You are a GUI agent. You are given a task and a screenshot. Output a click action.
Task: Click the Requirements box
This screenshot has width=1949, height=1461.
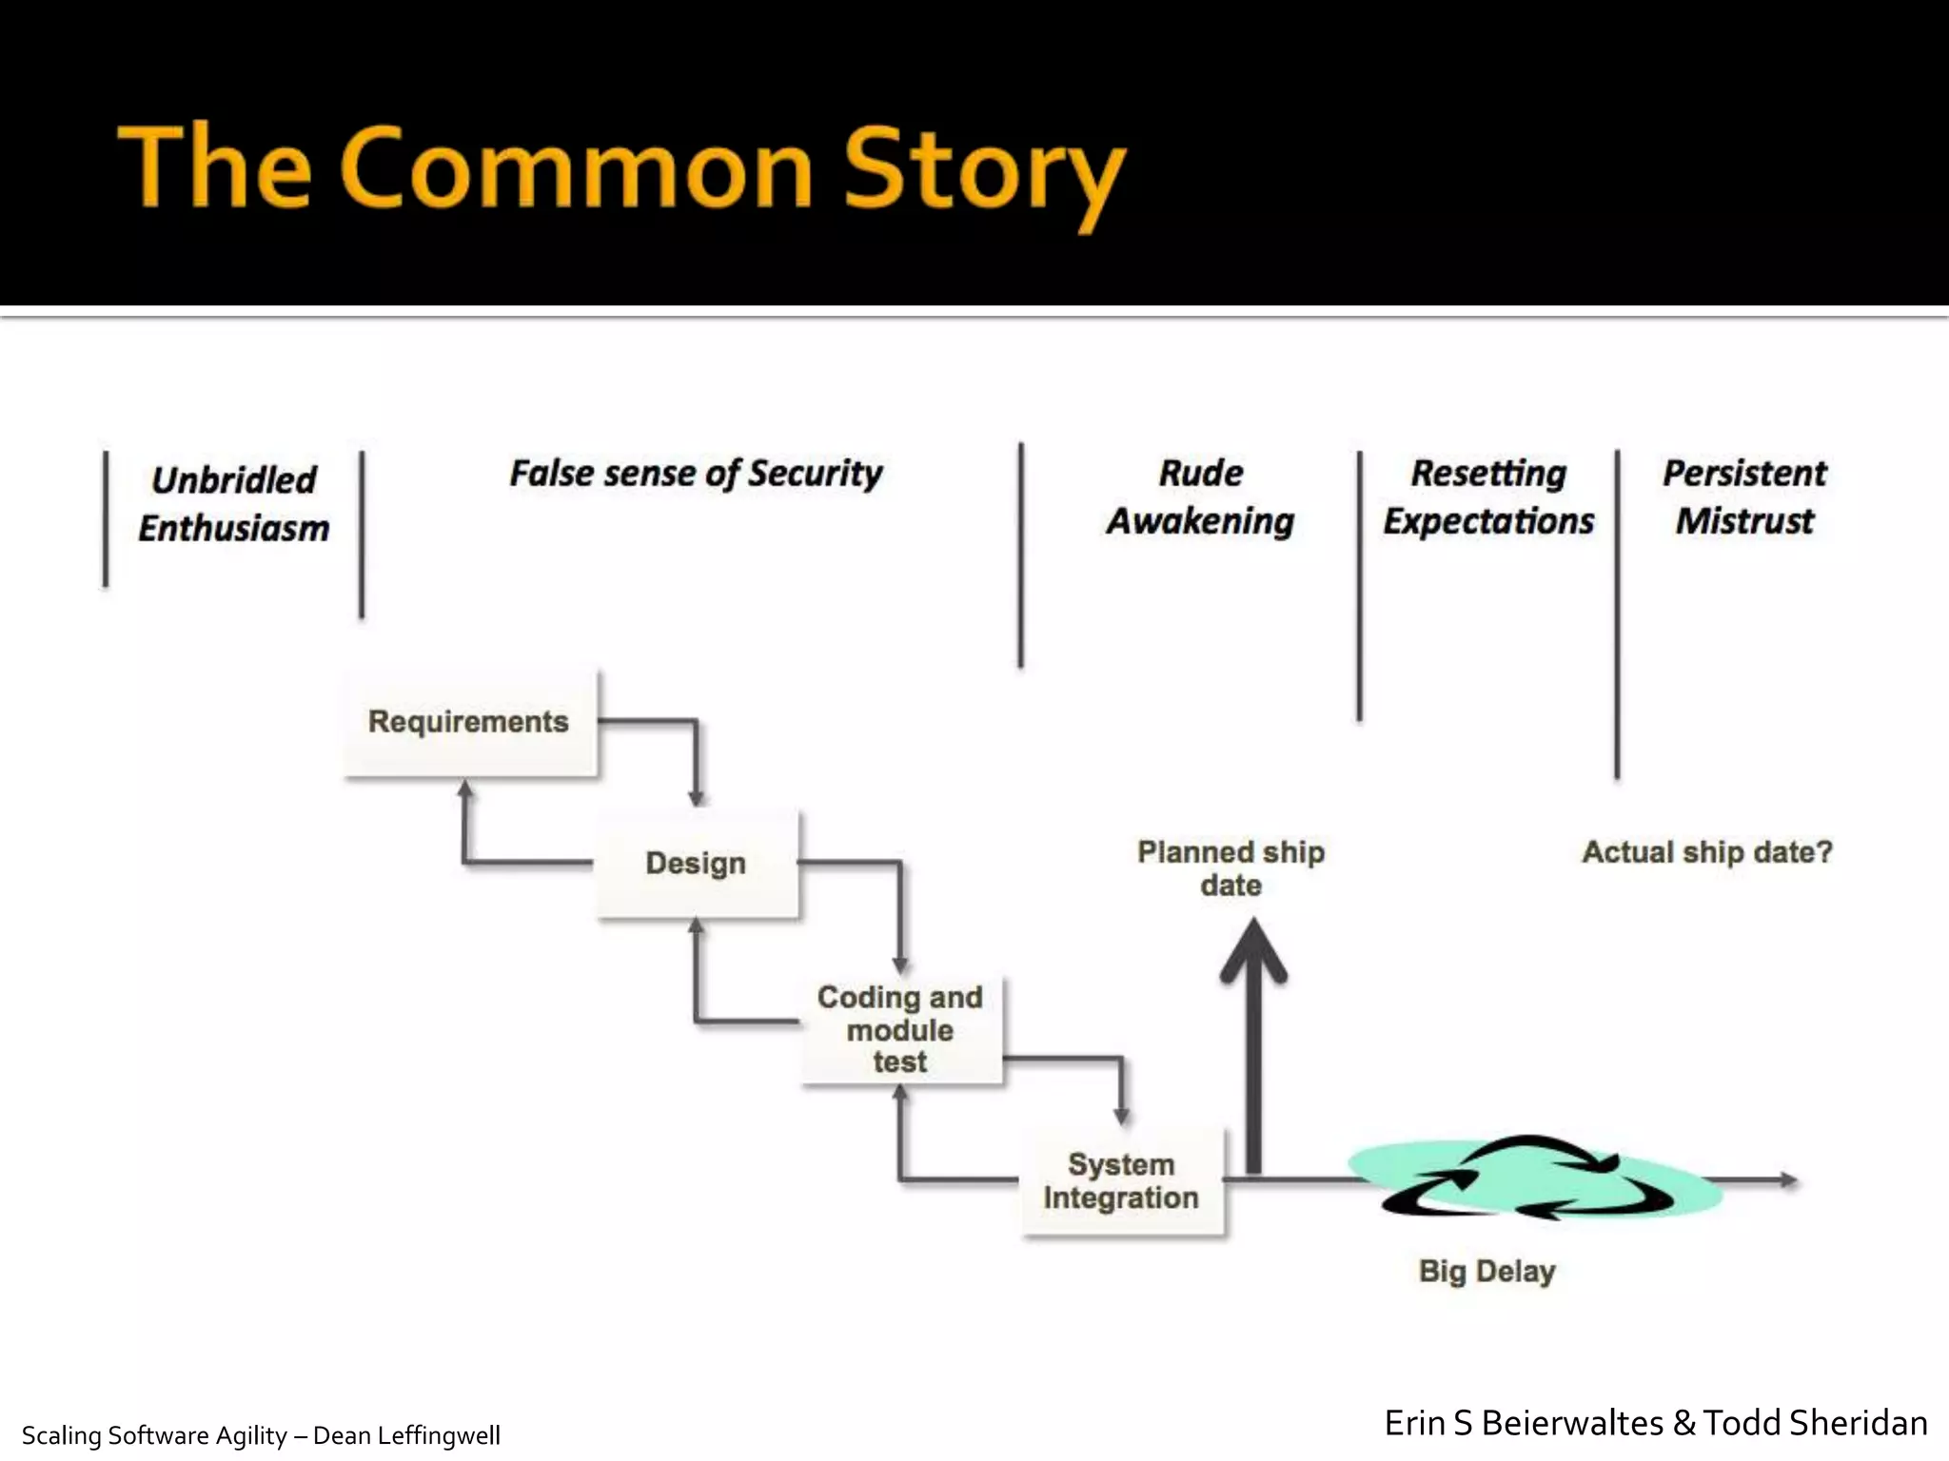pos(470,723)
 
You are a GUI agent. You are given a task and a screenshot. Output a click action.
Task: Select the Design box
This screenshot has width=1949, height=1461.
pos(697,864)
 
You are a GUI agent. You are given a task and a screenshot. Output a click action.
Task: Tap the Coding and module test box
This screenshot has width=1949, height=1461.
pos(900,1029)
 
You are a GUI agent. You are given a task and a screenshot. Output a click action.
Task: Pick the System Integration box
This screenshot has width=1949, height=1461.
pos(1122,1181)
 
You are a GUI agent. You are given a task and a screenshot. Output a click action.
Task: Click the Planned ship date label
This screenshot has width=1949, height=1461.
pos(1230,868)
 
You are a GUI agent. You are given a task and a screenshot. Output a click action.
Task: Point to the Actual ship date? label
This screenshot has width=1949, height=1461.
pos(1707,852)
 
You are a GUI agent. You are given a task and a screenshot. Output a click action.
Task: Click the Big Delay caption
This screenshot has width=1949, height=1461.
pos(1486,1272)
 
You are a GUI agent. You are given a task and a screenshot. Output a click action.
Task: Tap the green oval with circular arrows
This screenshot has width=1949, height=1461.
pos(1534,1179)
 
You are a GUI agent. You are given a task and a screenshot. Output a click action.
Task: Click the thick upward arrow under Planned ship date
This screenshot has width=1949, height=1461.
pos(1254,1046)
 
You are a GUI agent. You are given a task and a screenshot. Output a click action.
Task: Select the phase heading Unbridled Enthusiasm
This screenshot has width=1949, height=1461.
pos(234,504)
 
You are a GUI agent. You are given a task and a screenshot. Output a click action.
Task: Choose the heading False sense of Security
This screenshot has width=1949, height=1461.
pos(696,474)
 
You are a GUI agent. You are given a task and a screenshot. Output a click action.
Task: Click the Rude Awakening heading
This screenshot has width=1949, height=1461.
pos(1201,497)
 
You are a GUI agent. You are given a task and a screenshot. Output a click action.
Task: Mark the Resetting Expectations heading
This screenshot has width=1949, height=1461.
pos(1488,497)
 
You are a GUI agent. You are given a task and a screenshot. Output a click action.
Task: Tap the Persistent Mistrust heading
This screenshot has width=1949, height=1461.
pos(1744,497)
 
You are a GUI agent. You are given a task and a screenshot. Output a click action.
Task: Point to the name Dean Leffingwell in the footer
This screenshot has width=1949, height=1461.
pos(406,1435)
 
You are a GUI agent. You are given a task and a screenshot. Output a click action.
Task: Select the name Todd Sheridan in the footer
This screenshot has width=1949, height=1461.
pos(1815,1423)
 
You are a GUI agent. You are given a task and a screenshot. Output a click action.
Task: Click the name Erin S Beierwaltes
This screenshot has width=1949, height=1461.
pos(1524,1423)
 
